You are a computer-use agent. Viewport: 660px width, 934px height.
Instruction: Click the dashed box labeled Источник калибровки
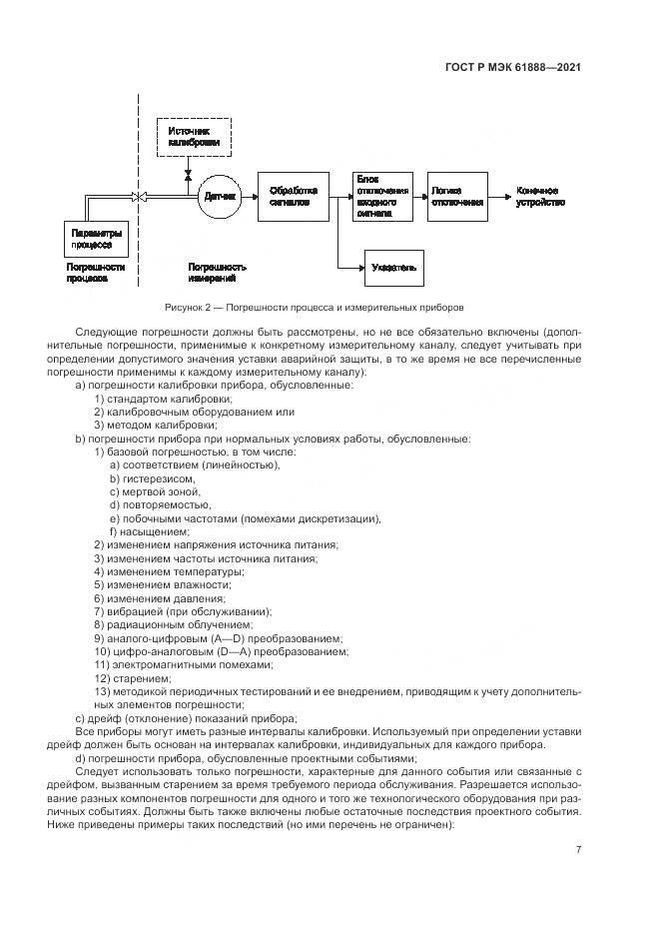(x=195, y=137)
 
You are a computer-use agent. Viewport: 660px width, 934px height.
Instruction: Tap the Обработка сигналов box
(x=293, y=196)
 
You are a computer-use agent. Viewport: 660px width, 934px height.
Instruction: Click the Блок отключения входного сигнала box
(x=382, y=196)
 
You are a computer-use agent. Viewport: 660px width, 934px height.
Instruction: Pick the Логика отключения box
(x=456, y=196)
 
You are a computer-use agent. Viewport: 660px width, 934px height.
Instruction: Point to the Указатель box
(x=394, y=268)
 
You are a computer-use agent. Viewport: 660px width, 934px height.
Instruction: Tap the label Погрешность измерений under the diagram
(x=217, y=273)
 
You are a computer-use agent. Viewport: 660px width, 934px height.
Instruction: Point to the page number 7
(x=578, y=850)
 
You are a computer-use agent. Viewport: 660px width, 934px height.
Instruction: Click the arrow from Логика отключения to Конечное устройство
(x=500, y=196)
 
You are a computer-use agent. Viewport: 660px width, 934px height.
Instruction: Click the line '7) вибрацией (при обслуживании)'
(x=183, y=611)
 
